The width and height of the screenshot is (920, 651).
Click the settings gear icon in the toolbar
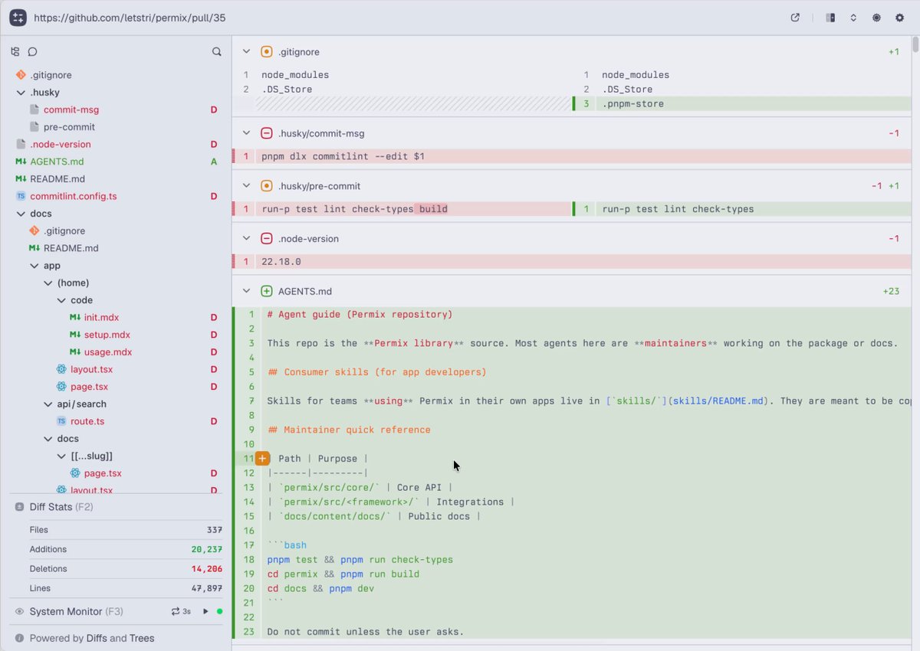[899, 18]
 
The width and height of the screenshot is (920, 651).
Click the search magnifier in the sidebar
[216, 51]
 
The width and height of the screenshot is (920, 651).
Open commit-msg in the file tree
[71, 110]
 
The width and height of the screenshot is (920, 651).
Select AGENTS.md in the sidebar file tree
[57, 162]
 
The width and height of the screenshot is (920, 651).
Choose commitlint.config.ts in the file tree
[73, 196]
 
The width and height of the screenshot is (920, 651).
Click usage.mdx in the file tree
[108, 352]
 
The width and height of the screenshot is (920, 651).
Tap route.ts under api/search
[87, 421]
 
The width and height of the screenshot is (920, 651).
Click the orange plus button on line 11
[262, 458]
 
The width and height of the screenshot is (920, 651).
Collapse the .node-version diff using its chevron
[246, 238]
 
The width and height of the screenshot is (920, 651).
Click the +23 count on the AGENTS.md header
[891, 291]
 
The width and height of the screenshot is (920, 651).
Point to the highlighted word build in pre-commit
[433, 209]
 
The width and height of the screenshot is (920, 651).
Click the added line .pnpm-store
[632, 104]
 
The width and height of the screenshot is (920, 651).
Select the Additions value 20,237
[206, 549]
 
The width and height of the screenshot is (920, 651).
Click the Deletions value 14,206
[206, 568]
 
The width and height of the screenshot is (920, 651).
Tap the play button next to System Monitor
[205, 611]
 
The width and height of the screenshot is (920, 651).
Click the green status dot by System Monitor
[220, 611]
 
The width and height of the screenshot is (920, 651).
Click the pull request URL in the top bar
[130, 18]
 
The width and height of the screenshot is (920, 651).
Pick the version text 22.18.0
[281, 262]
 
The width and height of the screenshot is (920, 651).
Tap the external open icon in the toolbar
[795, 18]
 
